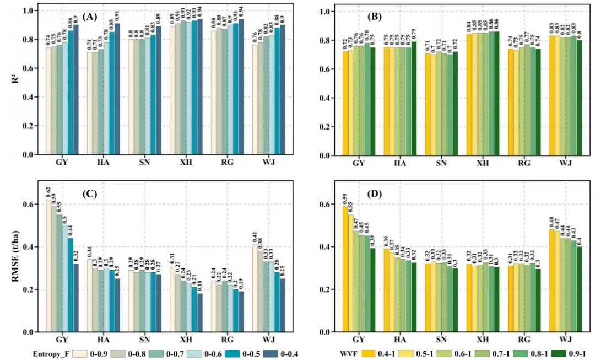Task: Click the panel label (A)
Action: pos(90,17)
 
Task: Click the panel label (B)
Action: pos(375,17)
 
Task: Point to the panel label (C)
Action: pos(89,195)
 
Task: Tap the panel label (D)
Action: pos(375,195)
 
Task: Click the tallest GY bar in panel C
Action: pos(48,266)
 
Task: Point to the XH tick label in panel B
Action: pos(483,164)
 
